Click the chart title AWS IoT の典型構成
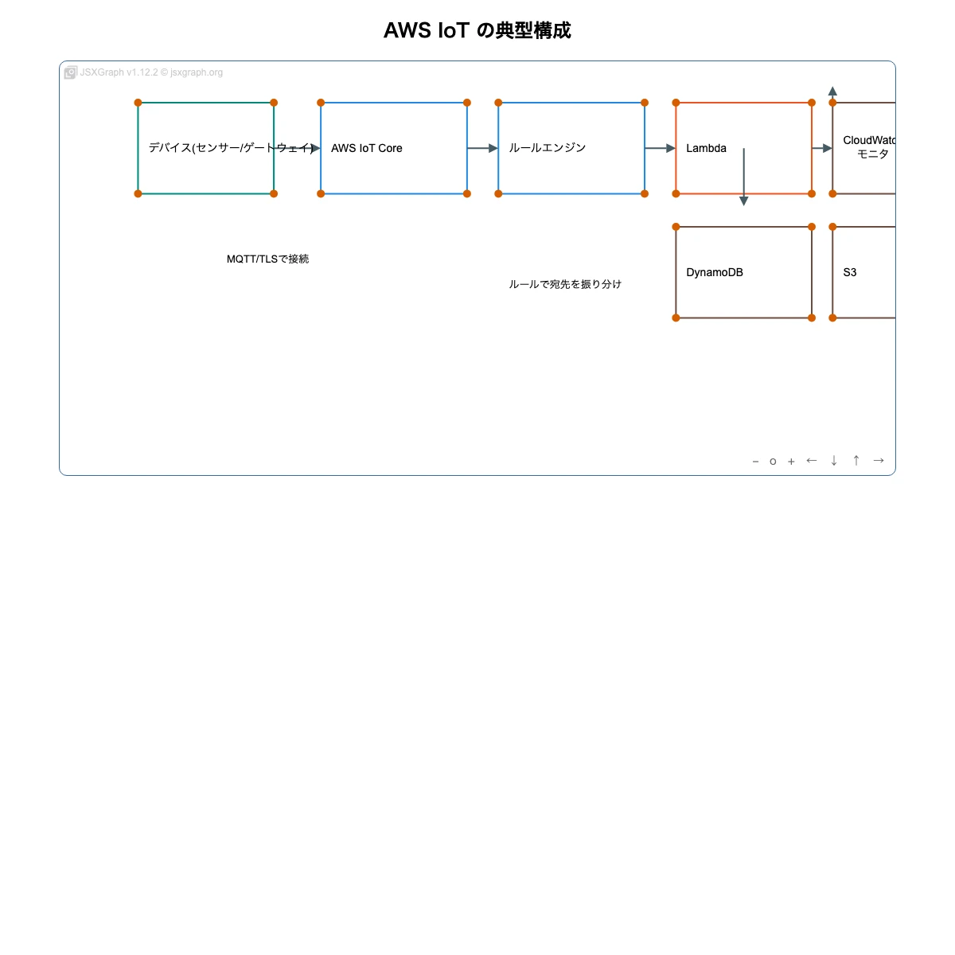pyautogui.click(x=477, y=30)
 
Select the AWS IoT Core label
pyautogui.click(x=366, y=148)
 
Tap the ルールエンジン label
pyautogui.click(x=547, y=148)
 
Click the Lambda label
pyautogui.click(x=706, y=148)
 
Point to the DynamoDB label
pyautogui.click(x=714, y=272)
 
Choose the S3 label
pyautogui.click(x=850, y=272)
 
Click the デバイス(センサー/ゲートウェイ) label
pyautogui.click(x=231, y=148)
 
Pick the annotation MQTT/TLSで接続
pyautogui.click(x=267, y=259)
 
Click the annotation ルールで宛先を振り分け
pyautogui.click(x=565, y=284)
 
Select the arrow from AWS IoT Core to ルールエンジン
pyautogui.click(x=482, y=148)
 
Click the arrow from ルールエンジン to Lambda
pyautogui.click(x=660, y=148)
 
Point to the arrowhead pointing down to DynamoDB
pyautogui.click(x=743, y=201)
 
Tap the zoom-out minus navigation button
pyautogui.click(x=755, y=462)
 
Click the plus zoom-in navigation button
pyautogui.click(x=791, y=462)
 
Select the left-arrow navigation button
pyautogui.click(x=812, y=461)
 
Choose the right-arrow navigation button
pyautogui.click(x=879, y=461)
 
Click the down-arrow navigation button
pyautogui.click(x=834, y=461)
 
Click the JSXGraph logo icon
pyautogui.click(x=71, y=72)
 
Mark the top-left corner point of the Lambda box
pyautogui.click(x=676, y=103)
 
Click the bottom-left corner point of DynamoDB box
pyautogui.click(x=676, y=318)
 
